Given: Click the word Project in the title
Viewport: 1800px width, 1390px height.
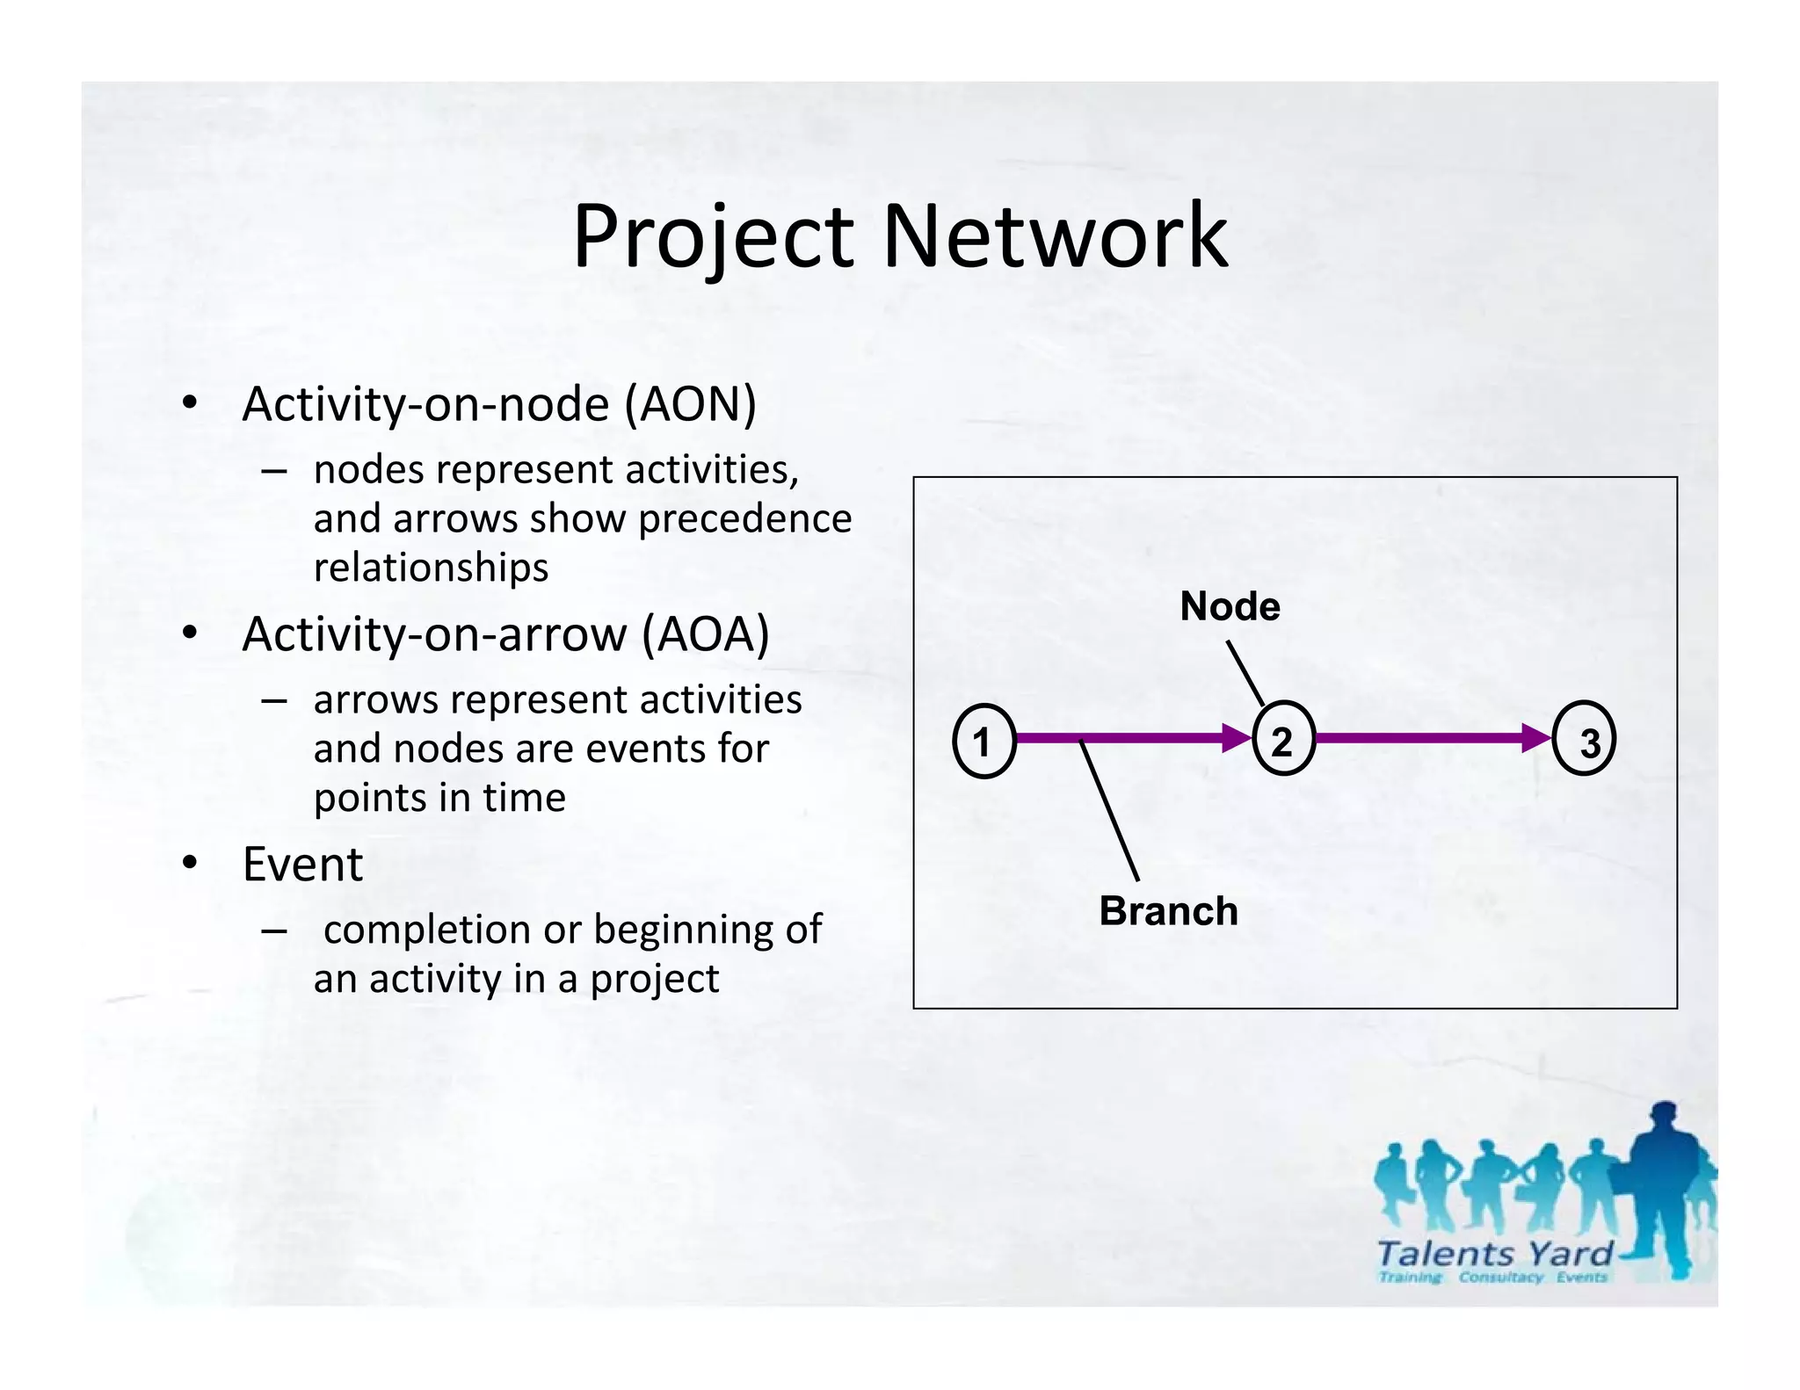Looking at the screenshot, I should tap(712, 237).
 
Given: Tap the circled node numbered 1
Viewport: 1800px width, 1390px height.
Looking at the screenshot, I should tap(983, 741).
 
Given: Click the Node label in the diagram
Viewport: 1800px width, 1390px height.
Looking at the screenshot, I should tap(1230, 606).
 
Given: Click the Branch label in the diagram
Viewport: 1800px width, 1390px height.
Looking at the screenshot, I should tap(1168, 911).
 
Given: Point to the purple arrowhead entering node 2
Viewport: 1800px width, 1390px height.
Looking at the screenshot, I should tap(1235, 737).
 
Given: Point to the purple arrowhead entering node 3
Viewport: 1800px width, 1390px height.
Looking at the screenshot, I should tap(1535, 737).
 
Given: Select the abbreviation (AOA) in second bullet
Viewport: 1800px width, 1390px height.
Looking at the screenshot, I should tap(705, 634).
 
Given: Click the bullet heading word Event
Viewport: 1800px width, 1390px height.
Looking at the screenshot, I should tap(302, 865).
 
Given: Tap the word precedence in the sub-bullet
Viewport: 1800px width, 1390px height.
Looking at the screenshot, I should tap(744, 519).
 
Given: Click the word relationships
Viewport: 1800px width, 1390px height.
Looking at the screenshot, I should tap(431, 568).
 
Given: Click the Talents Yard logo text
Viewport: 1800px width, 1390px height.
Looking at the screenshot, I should tap(1494, 1253).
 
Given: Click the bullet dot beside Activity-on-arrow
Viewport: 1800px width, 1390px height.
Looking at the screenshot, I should tap(190, 633).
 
